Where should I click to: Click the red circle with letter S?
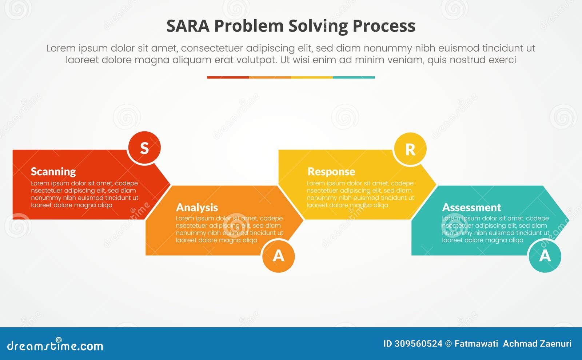point(144,148)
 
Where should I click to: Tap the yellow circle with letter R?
point(410,149)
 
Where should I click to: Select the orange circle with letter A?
point(278,256)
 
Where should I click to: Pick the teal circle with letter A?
point(545,256)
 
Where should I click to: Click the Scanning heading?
point(53,171)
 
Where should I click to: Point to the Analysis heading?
point(197,207)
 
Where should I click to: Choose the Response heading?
point(331,171)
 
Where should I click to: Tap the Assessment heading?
point(471,207)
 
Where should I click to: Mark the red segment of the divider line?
point(228,77)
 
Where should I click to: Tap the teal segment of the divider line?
point(354,77)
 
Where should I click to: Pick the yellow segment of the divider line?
point(312,77)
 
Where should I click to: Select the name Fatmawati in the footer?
point(476,344)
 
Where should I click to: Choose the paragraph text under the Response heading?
point(360,194)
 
